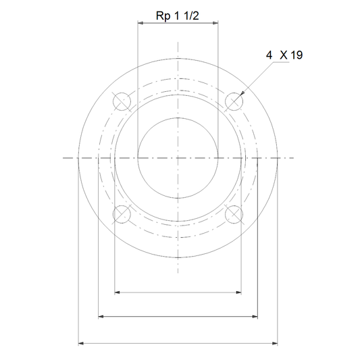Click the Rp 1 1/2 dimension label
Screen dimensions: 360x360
(x=177, y=16)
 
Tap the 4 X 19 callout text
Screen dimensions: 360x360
(x=284, y=55)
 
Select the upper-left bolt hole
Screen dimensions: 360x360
(x=122, y=101)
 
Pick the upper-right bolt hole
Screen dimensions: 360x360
(x=234, y=101)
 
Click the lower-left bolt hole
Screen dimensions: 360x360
(x=122, y=214)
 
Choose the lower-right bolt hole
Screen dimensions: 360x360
(x=234, y=214)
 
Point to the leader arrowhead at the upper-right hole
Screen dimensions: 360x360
(x=242, y=93)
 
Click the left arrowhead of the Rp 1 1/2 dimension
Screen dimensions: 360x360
(x=140, y=23)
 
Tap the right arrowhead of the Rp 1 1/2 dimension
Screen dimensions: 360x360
(x=215, y=23)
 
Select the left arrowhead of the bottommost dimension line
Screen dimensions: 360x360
(x=81, y=344)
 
